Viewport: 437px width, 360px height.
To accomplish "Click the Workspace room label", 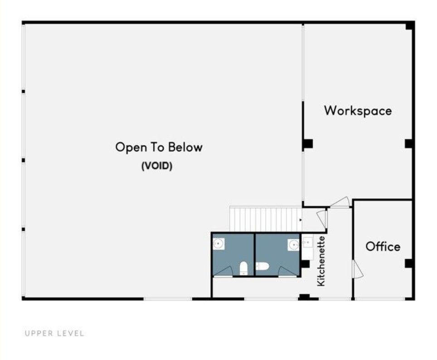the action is click(358, 111).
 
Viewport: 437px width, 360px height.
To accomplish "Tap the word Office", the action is click(383, 247).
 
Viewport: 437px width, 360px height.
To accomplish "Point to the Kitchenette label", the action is click(321, 261).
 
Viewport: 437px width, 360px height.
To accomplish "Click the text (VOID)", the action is click(157, 166).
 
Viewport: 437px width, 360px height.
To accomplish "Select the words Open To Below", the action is click(159, 147).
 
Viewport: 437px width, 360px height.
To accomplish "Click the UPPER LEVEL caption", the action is click(54, 333).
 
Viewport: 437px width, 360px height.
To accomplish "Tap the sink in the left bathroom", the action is click(219, 244).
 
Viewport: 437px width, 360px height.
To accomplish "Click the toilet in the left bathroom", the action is click(244, 268).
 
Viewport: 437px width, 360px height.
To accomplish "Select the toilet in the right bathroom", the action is click(262, 266).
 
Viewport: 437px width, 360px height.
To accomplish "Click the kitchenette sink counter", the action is click(307, 247).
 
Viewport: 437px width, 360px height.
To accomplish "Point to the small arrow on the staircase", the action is click(301, 220).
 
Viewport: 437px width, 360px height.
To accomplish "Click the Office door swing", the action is click(357, 269).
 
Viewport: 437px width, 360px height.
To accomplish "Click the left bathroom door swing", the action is click(223, 271).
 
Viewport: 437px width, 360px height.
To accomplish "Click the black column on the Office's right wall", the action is click(408, 263).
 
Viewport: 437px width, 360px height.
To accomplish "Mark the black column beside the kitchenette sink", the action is click(305, 264).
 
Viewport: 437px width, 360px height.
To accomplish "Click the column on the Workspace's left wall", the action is click(308, 144).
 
